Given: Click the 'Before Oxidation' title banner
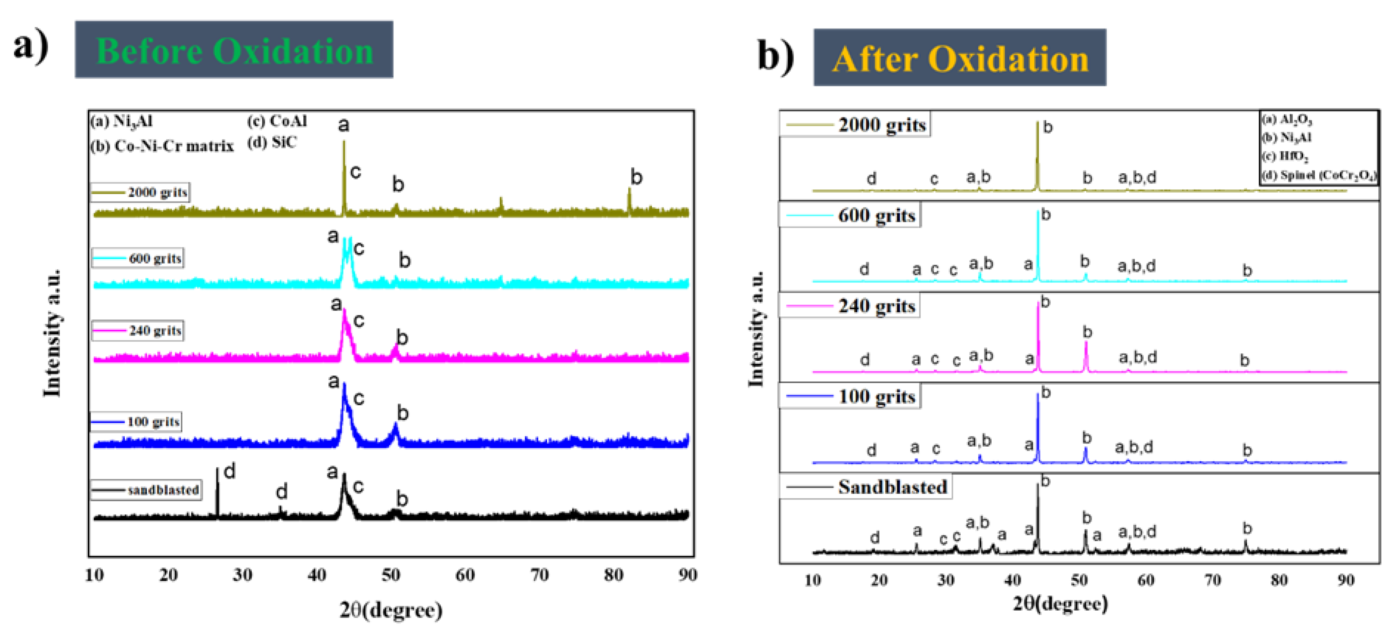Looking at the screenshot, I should [234, 50].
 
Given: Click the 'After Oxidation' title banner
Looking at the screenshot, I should [960, 58].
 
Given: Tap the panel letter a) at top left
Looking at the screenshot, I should [31, 46].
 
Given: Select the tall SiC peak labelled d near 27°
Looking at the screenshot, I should [218, 489].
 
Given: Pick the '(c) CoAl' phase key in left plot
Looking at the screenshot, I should [277, 121].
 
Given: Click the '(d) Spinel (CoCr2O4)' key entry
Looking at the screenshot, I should [1319, 175].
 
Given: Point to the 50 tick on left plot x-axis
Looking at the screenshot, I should [391, 574].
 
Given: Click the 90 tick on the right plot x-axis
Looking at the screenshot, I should [1345, 580].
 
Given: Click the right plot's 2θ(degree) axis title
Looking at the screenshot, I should [1060, 603].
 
